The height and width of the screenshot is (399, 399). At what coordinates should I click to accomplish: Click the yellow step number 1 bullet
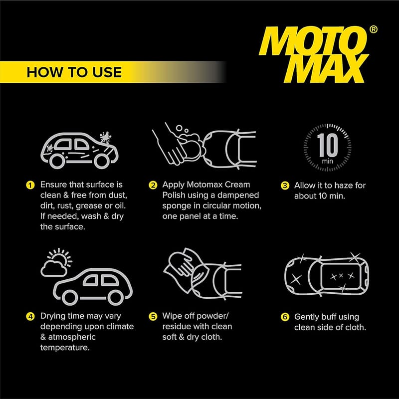[x=30, y=185]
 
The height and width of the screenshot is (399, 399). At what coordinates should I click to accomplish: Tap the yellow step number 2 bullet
[x=153, y=185]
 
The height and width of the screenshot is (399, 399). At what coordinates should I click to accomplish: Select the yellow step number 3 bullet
[x=285, y=186]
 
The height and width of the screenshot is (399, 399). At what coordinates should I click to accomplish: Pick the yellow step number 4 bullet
[x=30, y=317]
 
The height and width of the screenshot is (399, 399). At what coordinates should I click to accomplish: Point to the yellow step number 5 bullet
[x=153, y=317]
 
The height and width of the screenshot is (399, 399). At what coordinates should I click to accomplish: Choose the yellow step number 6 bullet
[x=285, y=317]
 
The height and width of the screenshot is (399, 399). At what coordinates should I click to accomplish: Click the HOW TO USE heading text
[x=74, y=72]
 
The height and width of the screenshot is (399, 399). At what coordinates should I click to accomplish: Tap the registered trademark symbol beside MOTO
[x=373, y=29]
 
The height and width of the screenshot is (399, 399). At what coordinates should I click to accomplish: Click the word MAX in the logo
[x=327, y=68]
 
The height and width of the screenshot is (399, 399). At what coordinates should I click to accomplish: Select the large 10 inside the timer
[x=328, y=145]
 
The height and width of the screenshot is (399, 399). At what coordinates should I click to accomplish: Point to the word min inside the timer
[x=328, y=161]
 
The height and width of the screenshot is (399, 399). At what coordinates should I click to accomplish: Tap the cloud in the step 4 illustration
[x=54, y=268]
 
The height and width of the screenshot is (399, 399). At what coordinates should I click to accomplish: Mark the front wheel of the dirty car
[x=102, y=161]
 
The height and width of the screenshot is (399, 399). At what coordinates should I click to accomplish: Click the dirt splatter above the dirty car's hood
[x=105, y=138]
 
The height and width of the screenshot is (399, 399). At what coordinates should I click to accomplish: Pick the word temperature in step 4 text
[x=65, y=348]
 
